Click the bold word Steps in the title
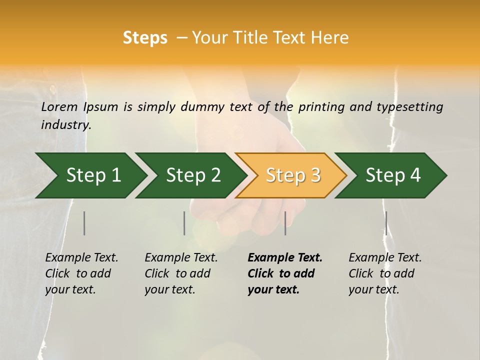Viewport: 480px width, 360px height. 145,38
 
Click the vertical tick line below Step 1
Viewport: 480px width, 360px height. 84,223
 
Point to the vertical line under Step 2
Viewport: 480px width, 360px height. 184,223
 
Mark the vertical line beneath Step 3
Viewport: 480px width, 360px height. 285,223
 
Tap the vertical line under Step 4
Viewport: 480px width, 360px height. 386,223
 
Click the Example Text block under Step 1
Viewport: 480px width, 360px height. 81,273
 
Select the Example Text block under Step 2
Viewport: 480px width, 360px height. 181,273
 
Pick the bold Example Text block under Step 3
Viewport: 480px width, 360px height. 285,273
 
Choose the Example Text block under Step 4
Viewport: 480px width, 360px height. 385,273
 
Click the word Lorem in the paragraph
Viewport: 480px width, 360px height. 59,107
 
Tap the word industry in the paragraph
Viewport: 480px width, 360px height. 66,125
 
